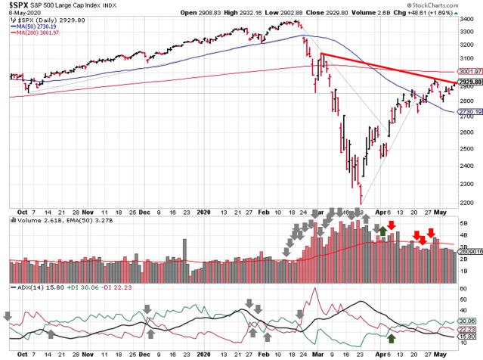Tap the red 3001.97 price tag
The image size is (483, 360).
pyautogui.click(x=468, y=71)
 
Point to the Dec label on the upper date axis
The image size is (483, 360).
pyautogui.click(x=143, y=213)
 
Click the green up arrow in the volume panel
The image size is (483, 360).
pyautogui.click(x=382, y=229)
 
